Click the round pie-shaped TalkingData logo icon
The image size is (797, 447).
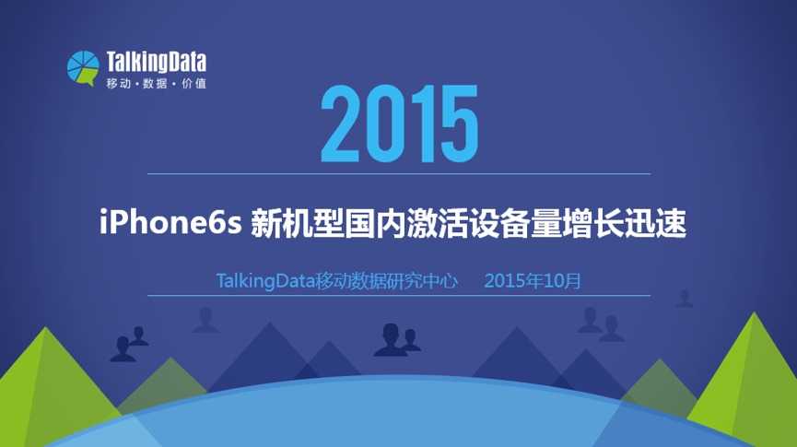pos(83,67)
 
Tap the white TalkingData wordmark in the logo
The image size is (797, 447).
pos(157,62)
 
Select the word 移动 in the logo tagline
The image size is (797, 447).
pos(119,83)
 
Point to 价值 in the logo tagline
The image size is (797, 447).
pos(193,83)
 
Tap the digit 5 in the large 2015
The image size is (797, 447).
pos(460,124)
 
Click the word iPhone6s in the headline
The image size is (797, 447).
pos(170,223)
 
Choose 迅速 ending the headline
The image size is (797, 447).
pos(655,223)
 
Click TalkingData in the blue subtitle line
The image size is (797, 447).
pos(265,281)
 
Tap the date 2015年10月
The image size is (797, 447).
pos(533,281)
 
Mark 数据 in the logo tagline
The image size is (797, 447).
pos(155,83)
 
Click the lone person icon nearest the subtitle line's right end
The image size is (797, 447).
pos(685,299)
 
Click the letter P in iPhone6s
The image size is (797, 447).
pos(121,223)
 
